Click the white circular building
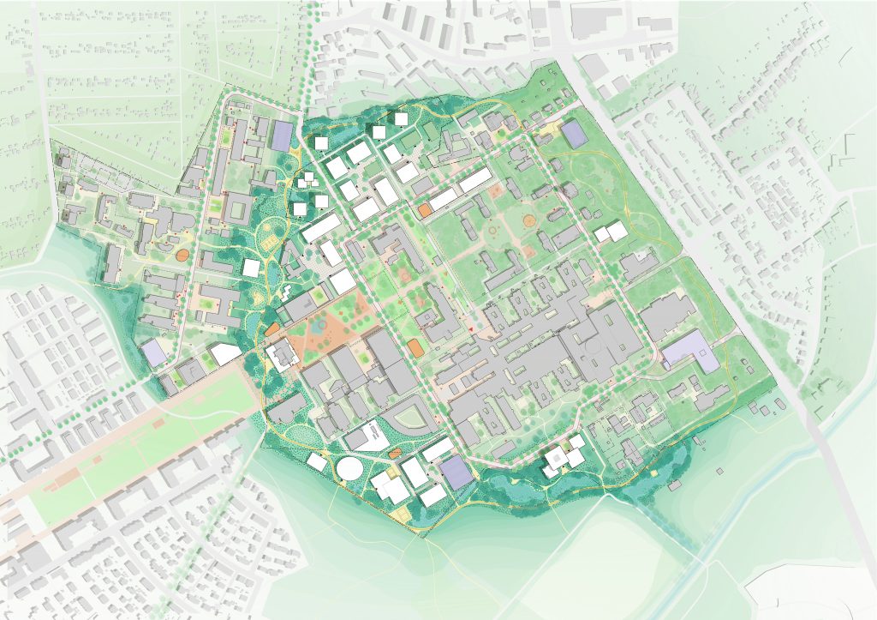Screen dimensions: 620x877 [349, 469]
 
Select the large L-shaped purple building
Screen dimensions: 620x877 [690, 350]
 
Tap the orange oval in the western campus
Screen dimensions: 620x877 [182, 255]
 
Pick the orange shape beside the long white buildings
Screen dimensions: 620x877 [425, 209]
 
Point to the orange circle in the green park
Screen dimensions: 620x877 [529, 220]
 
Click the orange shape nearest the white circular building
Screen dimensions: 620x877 [396, 453]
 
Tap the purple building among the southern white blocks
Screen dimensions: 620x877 [456, 473]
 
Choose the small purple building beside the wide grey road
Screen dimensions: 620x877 [573, 133]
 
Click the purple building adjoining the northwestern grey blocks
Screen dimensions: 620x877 [283, 135]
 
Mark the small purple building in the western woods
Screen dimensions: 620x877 [154, 352]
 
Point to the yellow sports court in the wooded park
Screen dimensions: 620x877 [272, 243]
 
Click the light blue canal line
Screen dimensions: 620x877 [754, 497]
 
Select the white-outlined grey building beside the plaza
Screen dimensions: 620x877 [280, 354]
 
